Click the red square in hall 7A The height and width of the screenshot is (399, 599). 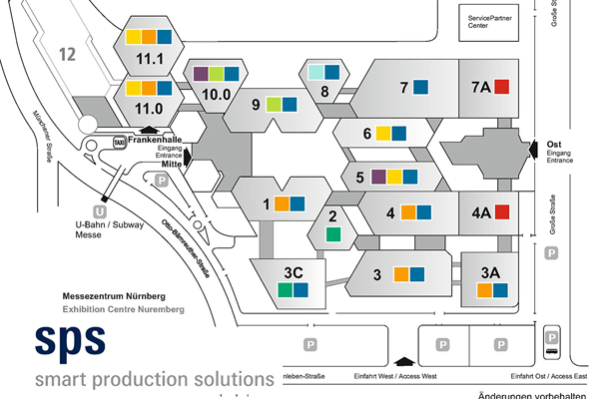pos(502,86)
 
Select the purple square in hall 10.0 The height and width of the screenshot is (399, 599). pos(201,74)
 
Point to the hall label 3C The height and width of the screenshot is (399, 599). pos(294,272)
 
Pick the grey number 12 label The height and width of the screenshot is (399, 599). pos(68,54)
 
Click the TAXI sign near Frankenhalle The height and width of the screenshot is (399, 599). pos(119,143)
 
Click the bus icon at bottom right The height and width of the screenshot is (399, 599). pos(552,347)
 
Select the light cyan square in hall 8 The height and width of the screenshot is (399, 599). pos(314,72)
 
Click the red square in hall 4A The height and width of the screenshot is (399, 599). pos(502,210)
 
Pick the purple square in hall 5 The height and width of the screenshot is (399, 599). pos(378,177)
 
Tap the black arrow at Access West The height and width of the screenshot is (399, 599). pos(403,362)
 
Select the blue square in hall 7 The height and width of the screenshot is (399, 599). pos(422,86)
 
